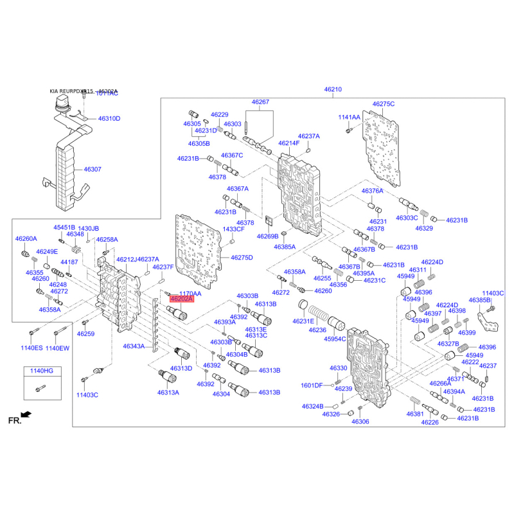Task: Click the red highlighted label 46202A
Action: (x=181, y=298)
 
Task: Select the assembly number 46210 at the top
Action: (x=332, y=89)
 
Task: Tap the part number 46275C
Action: (x=384, y=103)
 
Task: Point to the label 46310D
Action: (x=109, y=119)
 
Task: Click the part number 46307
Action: (x=93, y=170)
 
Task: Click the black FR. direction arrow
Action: (x=26, y=415)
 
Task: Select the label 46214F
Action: (x=289, y=143)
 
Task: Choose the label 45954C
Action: (x=334, y=338)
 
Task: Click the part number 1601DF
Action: (x=312, y=385)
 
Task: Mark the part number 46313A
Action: (x=168, y=392)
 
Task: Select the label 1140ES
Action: (x=32, y=348)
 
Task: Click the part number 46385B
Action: (x=479, y=300)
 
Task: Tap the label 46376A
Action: (x=372, y=191)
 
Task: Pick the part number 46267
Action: (x=260, y=102)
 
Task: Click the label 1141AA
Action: (x=350, y=118)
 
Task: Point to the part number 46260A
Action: (x=26, y=238)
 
